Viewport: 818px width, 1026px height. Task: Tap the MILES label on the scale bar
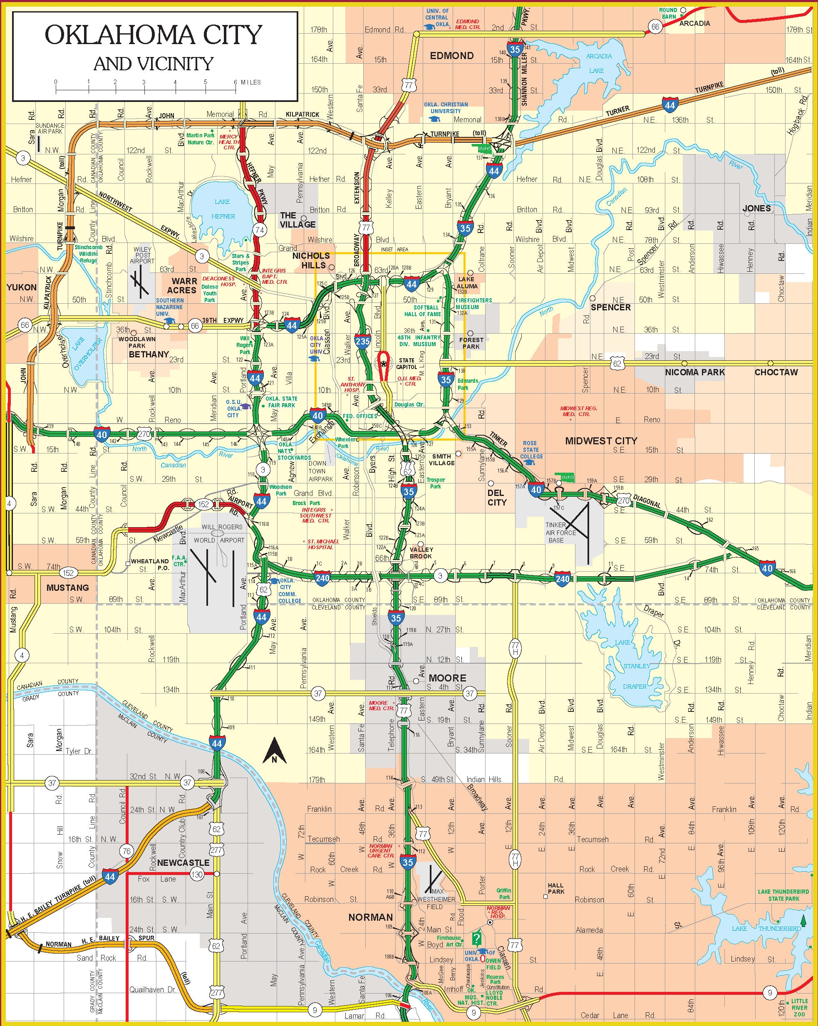pos(251,82)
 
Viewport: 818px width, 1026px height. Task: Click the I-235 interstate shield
pos(362,341)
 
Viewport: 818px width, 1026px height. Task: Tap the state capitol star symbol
pos(383,364)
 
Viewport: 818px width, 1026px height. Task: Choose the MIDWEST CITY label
pos(601,441)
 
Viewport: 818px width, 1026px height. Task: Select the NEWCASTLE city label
pos(183,863)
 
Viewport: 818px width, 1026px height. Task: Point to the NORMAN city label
pos(371,917)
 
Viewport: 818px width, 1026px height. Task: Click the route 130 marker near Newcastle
pos(196,874)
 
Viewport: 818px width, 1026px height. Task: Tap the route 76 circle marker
pos(126,851)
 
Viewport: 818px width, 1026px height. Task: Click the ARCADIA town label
pos(694,23)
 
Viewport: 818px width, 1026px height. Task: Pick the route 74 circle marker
pos(259,229)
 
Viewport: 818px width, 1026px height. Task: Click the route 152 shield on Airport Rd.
pos(203,504)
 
